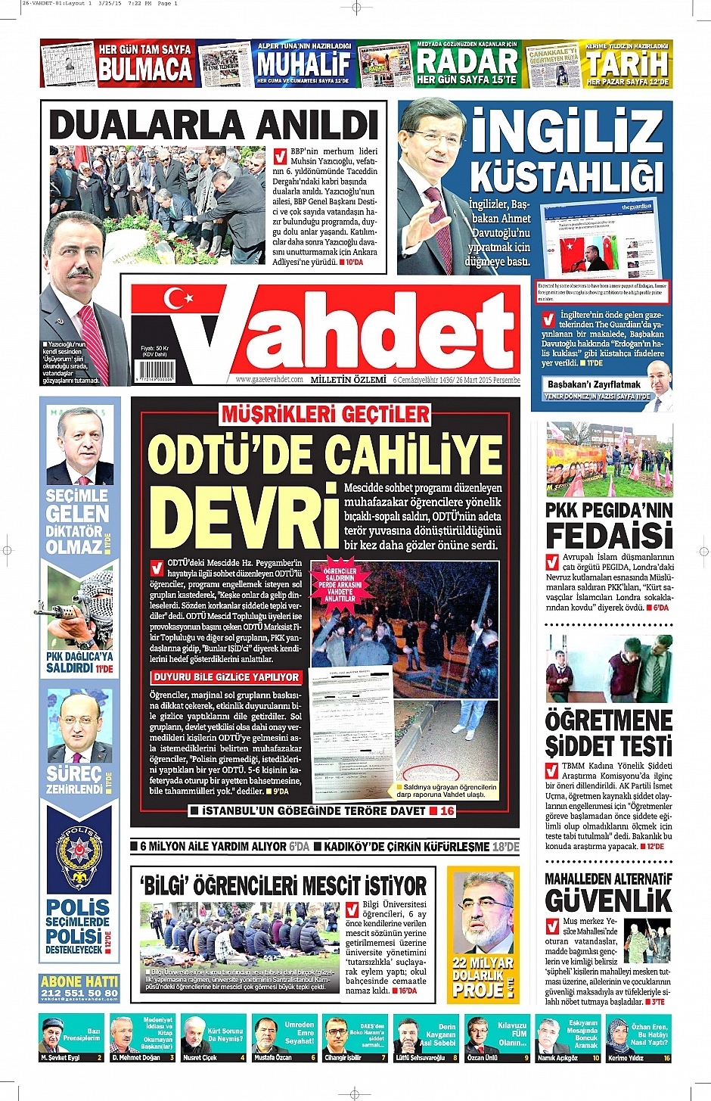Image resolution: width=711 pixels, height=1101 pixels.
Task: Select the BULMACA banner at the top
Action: pos(144,70)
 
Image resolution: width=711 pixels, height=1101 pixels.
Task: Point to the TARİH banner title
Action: pos(627,63)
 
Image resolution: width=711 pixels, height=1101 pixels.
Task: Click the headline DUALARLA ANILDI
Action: pos(213,125)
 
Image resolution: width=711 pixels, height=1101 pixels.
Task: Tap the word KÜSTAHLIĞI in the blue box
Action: pos(567,177)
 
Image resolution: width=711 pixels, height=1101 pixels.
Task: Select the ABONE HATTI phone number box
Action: pos(79,987)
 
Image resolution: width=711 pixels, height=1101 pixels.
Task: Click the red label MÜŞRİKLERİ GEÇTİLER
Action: pos(325,414)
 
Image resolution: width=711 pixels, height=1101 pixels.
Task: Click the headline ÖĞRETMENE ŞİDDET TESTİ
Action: pos(608,732)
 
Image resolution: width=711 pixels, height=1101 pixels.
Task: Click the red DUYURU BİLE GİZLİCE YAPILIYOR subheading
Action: pos(227,677)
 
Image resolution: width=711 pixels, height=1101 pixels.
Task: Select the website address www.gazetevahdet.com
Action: pos(269,379)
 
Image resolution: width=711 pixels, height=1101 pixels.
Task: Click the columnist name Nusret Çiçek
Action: pos(200,1057)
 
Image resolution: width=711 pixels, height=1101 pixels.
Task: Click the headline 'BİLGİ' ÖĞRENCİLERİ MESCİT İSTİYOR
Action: pos(283,885)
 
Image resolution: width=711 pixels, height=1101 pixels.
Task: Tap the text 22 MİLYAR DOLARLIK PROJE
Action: pos(481,975)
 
